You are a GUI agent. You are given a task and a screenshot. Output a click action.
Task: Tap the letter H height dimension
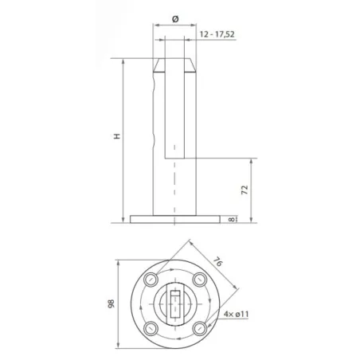(116, 137)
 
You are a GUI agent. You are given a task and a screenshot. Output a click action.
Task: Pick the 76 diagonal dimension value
(218, 261)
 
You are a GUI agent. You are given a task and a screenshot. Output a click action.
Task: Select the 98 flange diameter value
(112, 303)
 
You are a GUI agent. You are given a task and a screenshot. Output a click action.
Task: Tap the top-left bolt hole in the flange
(150, 279)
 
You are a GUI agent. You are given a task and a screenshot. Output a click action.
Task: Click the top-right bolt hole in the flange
(200, 279)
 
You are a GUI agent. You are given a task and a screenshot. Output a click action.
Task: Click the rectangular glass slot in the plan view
(175, 303)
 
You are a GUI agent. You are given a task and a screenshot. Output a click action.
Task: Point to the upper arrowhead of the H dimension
(123, 61)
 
